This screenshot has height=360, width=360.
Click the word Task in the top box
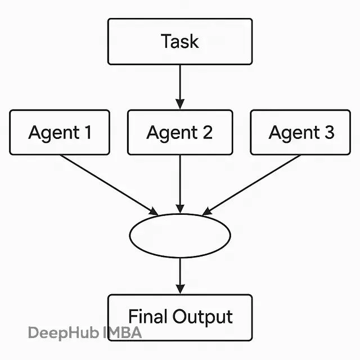click(180, 41)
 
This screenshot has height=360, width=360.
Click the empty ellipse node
click(130, 236)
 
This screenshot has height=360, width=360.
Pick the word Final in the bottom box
click(148, 316)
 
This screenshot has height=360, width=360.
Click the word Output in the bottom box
click(202, 317)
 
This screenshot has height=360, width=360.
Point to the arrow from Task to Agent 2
click(180, 87)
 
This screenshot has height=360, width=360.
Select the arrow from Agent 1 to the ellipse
click(109, 185)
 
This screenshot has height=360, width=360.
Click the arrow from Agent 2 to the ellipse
click(180, 184)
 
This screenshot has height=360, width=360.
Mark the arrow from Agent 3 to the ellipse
click(251, 185)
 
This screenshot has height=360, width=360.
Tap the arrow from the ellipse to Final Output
click(180, 276)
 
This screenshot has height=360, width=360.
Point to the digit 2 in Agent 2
click(208, 132)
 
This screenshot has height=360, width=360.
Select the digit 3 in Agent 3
click(329, 132)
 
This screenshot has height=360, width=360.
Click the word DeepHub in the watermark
click(64, 333)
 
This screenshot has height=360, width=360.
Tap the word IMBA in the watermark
click(122, 332)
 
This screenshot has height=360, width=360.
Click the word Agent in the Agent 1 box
click(54, 133)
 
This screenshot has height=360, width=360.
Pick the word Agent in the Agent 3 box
click(294, 133)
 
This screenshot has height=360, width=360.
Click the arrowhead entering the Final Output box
click(180, 289)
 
